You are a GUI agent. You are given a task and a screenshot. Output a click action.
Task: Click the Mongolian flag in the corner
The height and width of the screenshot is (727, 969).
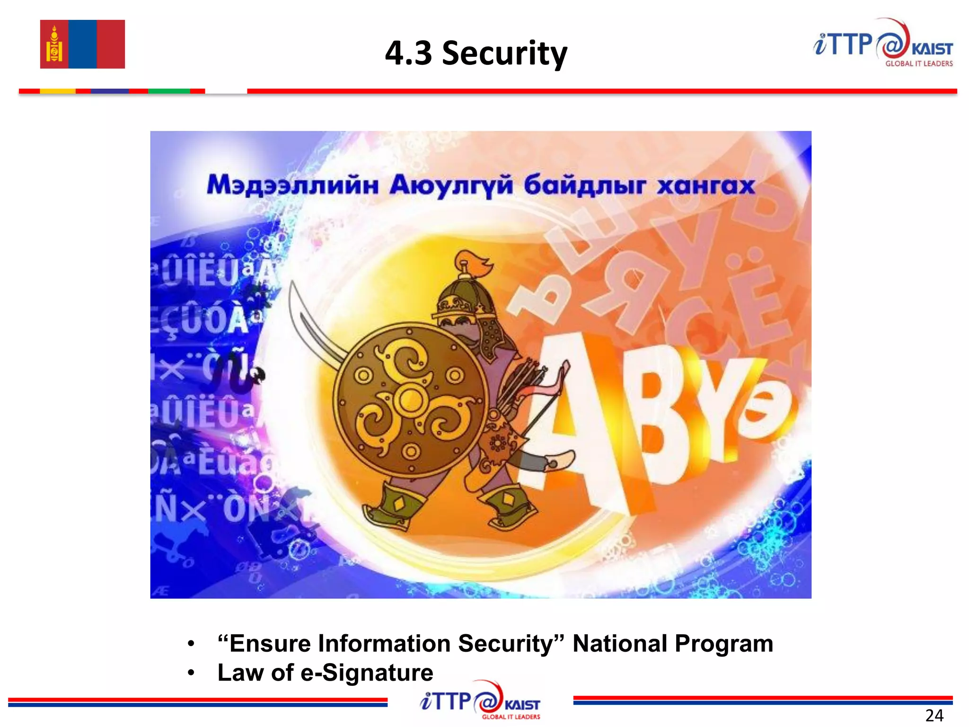pos(82,44)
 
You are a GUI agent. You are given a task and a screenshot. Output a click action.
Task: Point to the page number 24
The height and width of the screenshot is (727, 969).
pos(934,715)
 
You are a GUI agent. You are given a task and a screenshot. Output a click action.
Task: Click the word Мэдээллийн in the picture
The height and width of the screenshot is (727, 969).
pos(293,185)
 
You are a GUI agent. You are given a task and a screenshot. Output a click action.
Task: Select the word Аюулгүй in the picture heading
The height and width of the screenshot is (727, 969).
pos(451,185)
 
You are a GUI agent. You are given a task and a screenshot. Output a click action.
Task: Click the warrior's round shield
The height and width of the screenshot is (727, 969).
pos(410,400)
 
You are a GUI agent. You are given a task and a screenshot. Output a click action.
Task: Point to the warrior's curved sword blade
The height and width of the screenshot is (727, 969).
pos(312,327)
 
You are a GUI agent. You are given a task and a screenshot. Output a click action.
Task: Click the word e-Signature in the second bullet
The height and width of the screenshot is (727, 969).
pos(367,673)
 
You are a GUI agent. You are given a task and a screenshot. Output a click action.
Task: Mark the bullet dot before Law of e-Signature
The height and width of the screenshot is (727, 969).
pos(191,673)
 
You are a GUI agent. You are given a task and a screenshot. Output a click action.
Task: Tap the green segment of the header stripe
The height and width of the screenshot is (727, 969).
pos(169,91)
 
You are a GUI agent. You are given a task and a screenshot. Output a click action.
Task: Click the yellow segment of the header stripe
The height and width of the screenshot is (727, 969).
pos(58,91)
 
